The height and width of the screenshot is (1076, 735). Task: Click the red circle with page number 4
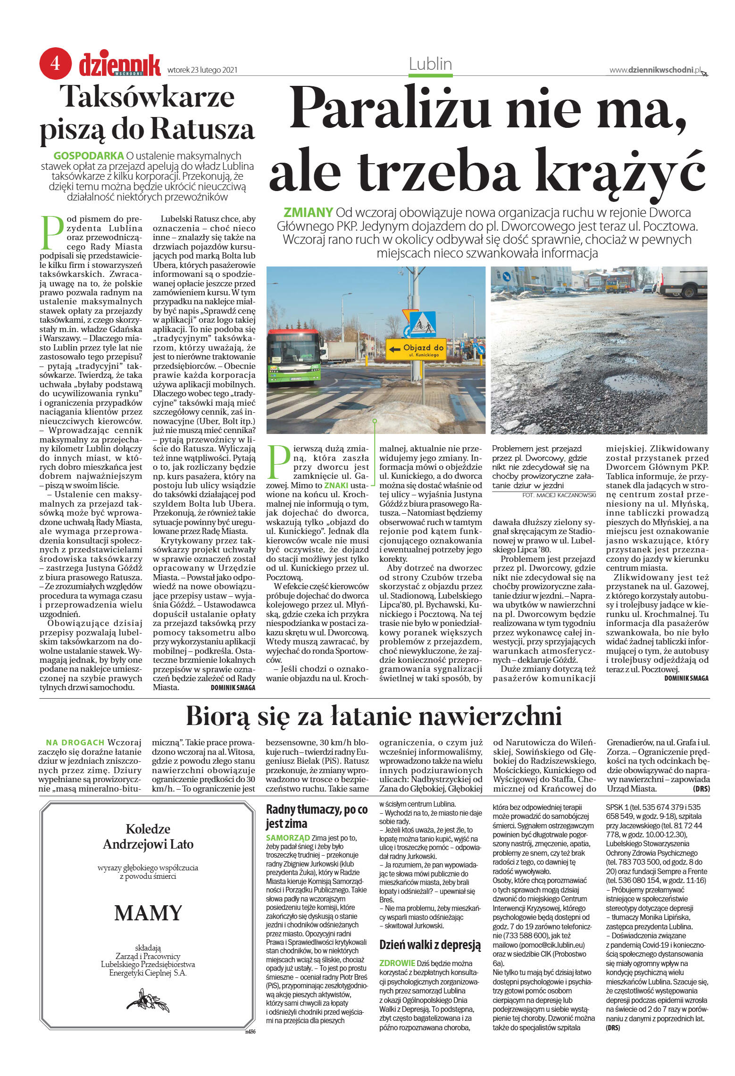55,63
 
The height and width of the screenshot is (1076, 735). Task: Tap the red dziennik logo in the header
120,65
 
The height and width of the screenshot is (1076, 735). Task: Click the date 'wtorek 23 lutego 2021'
202,70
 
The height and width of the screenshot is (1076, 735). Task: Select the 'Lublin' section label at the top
430,64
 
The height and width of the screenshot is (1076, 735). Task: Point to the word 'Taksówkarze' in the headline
149,97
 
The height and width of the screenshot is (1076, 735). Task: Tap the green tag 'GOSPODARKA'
89,156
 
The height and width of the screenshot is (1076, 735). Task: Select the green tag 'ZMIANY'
308,212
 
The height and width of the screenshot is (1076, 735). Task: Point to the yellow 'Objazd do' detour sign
416,350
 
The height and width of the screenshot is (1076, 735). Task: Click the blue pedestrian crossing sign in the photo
423,324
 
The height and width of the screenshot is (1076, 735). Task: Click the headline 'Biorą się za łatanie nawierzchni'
374,716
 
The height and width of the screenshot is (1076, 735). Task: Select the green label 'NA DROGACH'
75,742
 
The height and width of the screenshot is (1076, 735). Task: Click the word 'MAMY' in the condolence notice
148,913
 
